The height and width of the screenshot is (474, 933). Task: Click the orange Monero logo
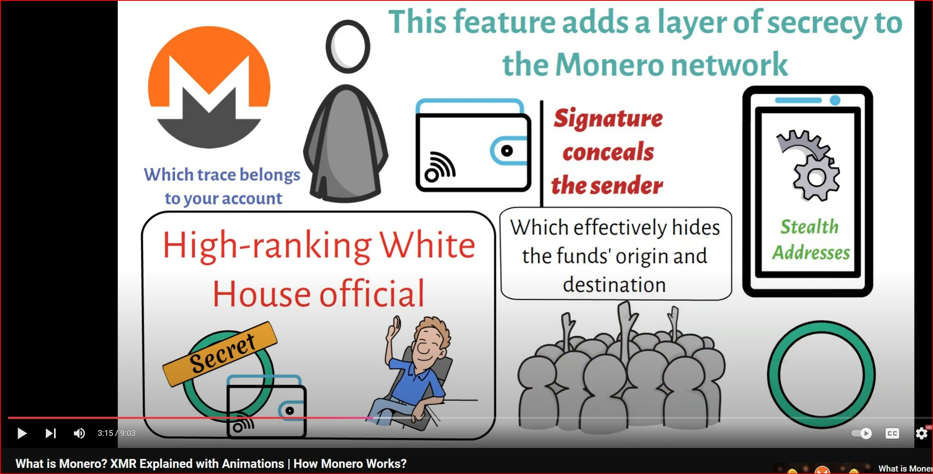209,87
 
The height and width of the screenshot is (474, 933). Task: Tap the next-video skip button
51,433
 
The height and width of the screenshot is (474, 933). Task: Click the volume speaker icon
79,433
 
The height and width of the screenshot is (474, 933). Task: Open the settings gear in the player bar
921,433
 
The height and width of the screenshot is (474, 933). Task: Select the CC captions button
892,433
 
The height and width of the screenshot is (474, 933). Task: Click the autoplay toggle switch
861,433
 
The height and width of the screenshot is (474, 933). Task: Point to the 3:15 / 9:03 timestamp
116,433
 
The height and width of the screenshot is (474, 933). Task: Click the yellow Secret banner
220,353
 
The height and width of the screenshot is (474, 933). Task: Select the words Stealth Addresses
810,240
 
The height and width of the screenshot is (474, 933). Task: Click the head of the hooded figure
348,46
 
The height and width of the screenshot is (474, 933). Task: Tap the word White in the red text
427,245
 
